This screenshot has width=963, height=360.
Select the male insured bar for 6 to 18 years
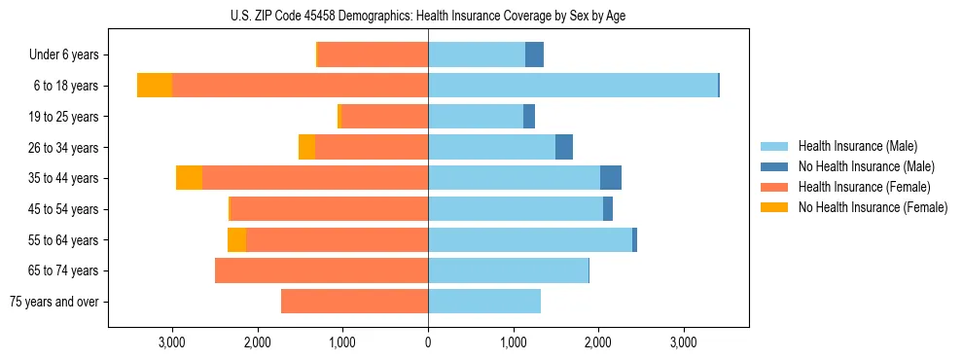[x=573, y=86]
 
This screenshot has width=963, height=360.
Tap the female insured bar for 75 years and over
[x=354, y=302]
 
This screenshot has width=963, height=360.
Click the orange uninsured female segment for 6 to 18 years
[x=155, y=86]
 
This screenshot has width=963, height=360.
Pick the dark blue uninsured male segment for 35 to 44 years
[x=610, y=178]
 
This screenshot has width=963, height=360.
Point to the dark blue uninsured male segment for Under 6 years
[x=534, y=54]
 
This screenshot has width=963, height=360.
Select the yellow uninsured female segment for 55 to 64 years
[x=236, y=239]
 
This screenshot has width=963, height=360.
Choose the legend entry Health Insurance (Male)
[x=857, y=146]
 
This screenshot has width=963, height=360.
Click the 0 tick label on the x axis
[x=428, y=342]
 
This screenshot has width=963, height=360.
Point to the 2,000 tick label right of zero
[x=598, y=342]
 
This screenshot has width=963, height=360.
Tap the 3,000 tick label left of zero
[x=172, y=342]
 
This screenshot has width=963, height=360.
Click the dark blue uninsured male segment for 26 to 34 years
[x=564, y=147]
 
